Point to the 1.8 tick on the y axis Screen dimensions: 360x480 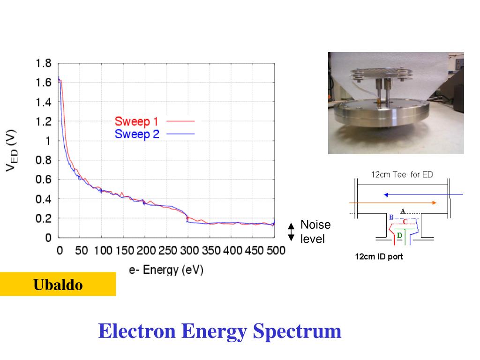(44, 63)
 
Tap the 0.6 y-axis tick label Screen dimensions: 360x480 (44, 180)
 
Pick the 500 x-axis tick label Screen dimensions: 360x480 (276, 250)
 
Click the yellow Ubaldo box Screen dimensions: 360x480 (58, 284)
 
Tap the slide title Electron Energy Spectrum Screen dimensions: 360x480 (220, 331)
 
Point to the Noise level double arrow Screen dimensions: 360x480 (291, 232)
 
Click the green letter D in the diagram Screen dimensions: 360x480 (399, 234)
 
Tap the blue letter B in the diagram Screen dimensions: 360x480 (391, 217)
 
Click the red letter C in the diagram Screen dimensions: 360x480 (405, 221)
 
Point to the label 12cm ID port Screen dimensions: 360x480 (379, 256)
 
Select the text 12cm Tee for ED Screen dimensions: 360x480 (402, 174)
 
